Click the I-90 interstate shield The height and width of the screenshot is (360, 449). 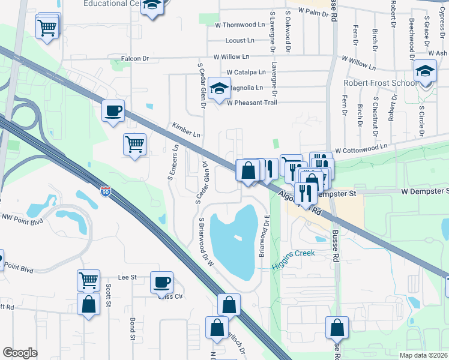tap(106, 192)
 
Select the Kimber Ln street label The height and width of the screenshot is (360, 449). tap(185, 130)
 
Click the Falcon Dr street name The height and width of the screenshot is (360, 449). tap(134, 58)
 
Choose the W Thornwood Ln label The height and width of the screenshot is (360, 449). tap(240, 25)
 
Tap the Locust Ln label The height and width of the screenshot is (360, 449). tap(244, 41)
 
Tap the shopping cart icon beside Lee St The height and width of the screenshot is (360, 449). tap(88, 279)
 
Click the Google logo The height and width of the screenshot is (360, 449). tap(20, 353)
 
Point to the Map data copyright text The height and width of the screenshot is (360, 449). tap(423, 355)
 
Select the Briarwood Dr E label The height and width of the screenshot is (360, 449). tap(262, 238)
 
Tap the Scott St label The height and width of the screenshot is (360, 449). tap(109, 295)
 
